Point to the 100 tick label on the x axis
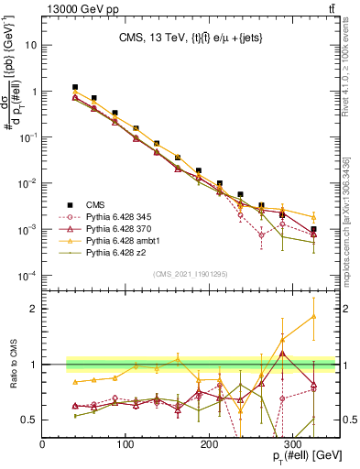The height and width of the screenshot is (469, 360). pos(126,443)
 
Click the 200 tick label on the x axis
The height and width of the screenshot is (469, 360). pos(210,443)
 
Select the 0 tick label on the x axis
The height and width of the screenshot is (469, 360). pos(43,443)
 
